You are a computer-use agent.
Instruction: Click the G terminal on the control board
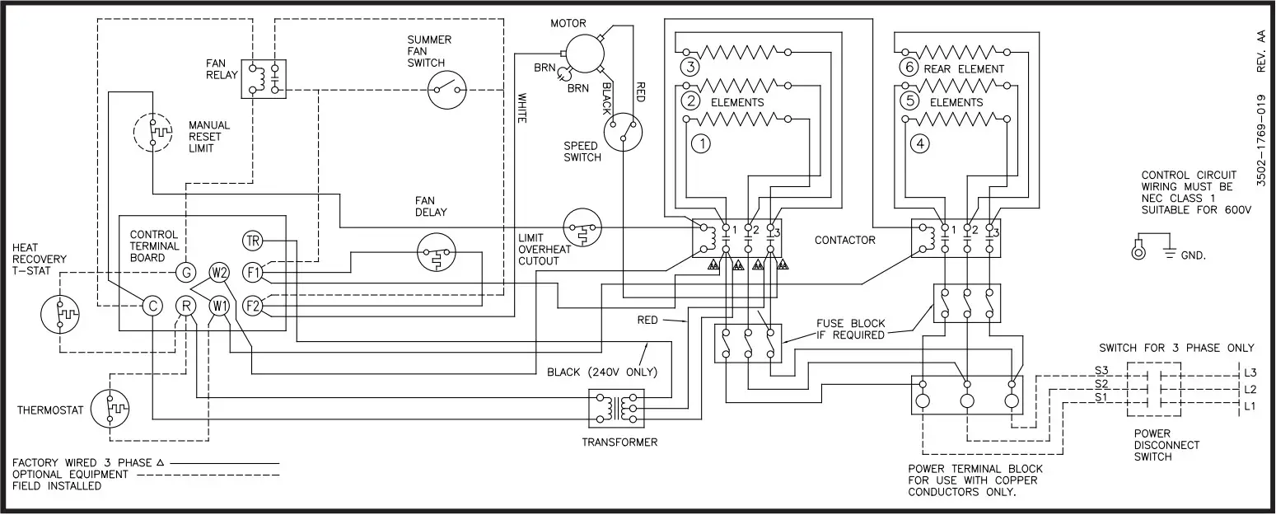pyautogui.click(x=185, y=272)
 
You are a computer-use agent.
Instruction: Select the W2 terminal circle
pyautogui.click(x=219, y=272)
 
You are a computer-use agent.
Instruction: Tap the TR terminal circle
pyautogui.click(x=252, y=241)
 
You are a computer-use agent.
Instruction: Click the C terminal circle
pyautogui.click(x=152, y=306)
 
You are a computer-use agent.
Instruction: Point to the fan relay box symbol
pyautogui.click(x=264, y=79)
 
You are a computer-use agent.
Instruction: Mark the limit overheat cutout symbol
pyautogui.click(x=582, y=227)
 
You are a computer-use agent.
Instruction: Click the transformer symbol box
pyautogui.click(x=616, y=408)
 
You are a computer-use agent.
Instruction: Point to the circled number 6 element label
pyautogui.click(x=909, y=68)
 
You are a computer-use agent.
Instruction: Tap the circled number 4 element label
pyautogui.click(x=920, y=143)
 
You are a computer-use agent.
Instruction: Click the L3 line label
pyautogui.click(x=1250, y=372)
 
